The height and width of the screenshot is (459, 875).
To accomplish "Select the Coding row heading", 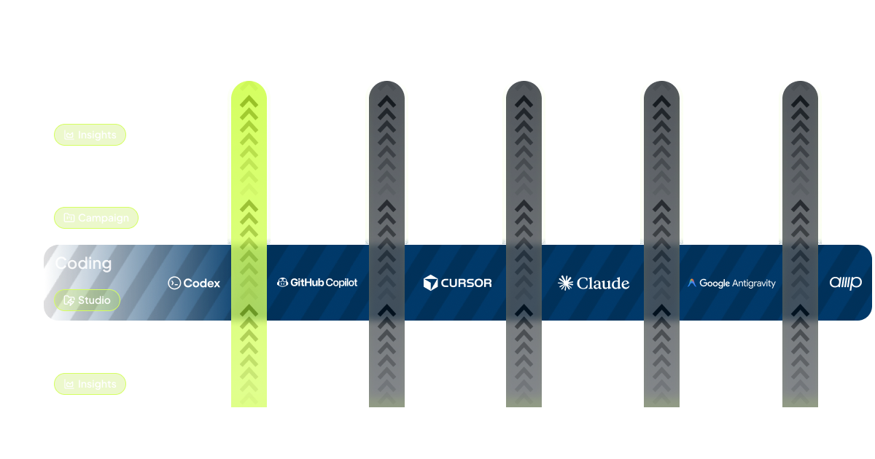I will tap(83, 263).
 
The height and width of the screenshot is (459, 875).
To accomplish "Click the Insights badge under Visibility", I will tap(90, 135).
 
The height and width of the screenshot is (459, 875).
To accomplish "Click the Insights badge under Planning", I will tap(90, 384).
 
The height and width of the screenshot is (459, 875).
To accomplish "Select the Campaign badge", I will tap(96, 218).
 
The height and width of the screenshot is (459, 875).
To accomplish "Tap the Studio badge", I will tap(87, 300).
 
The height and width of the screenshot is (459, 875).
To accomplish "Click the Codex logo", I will tap(194, 283).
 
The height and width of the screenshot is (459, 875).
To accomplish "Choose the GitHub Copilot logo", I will tap(317, 283).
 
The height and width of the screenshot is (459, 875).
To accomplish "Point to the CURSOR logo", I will tap(457, 283).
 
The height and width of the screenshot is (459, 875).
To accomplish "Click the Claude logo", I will tap(594, 283).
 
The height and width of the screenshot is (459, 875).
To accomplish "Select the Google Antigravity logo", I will tap(731, 283).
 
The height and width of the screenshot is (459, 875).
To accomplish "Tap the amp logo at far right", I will tap(845, 283).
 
